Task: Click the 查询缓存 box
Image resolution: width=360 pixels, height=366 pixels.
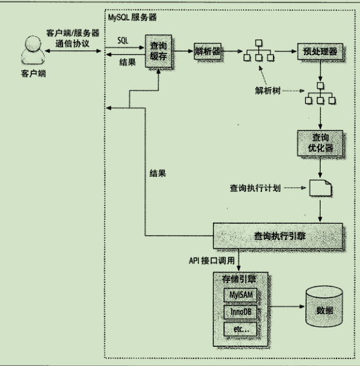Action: pos(158,51)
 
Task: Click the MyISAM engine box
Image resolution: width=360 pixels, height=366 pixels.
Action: pos(242,297)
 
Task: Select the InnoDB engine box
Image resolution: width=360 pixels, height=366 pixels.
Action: pos(242,313)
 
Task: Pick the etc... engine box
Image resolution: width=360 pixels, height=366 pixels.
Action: pos(242,330)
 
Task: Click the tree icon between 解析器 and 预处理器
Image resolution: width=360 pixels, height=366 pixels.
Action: pos(258,52)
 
